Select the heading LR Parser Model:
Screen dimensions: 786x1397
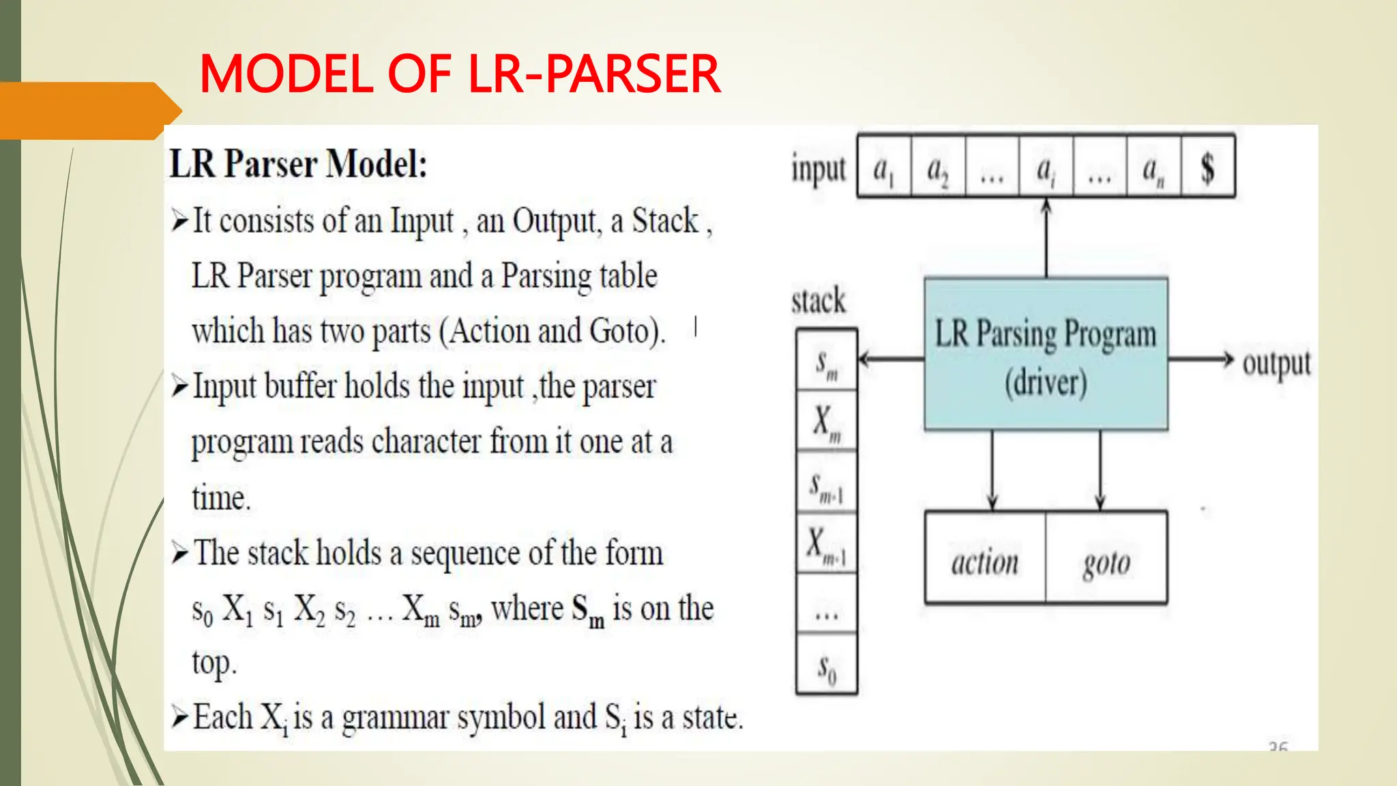point(298,164)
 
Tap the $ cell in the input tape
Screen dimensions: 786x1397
point(1207,168)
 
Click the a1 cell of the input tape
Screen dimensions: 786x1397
point(883,168)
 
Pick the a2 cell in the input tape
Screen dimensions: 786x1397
point(937,168)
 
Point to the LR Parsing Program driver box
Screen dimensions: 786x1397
point(1046,354)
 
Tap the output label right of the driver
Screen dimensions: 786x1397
point(1276,363)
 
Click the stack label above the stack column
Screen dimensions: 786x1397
point(819,301)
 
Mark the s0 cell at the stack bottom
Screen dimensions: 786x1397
point(827,666)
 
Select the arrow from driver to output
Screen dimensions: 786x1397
point(1201,360)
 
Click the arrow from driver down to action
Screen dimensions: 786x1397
point(992,471)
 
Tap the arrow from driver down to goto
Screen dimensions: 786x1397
point(1100,471)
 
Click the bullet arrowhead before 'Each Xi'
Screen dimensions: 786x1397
point(180,716)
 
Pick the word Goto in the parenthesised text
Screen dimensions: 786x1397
point(619,332)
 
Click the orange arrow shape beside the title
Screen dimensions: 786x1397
point(89,111)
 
